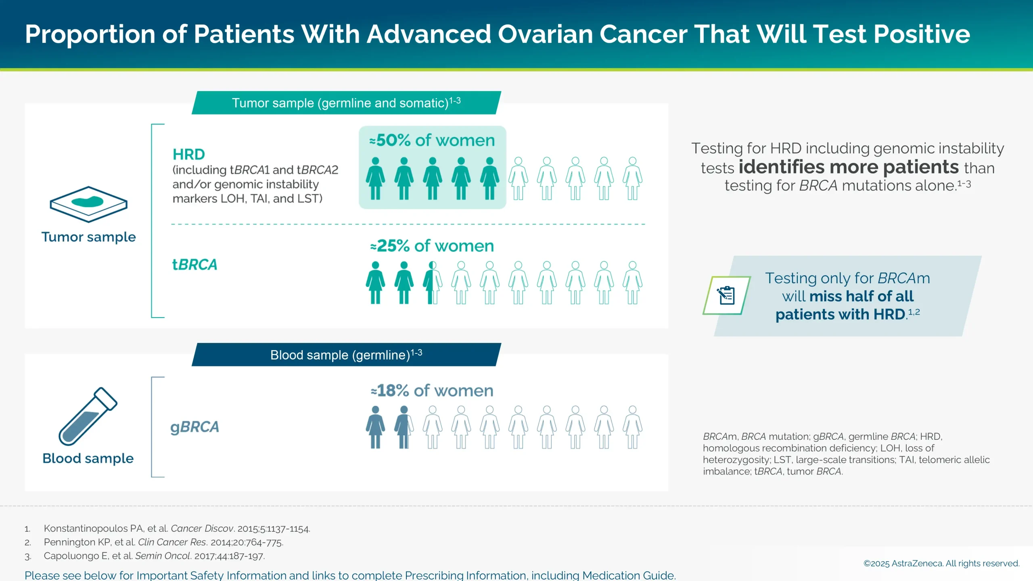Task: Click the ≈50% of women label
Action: tap(432, 140)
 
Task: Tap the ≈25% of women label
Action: tap(432, 246)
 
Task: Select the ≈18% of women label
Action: tap(432, 391)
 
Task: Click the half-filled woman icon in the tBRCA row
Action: tap(432, 282)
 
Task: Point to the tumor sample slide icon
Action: tap(88, 204)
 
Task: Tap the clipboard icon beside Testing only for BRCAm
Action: tap(726, 295)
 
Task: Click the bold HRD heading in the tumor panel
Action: tap(188, 155)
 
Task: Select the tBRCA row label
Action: tap(194, 265)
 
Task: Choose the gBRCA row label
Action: tap(194, 427)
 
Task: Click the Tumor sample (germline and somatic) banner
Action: tap(346, 103)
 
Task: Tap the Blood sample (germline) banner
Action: tap(346, 355)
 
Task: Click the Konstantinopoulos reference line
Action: tap(177, 529)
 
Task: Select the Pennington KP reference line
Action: tap(163, 542)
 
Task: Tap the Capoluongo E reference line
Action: tap(154, 556)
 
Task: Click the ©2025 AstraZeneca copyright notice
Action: tap(941, 563)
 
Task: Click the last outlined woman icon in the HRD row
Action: tap(632, 178)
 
